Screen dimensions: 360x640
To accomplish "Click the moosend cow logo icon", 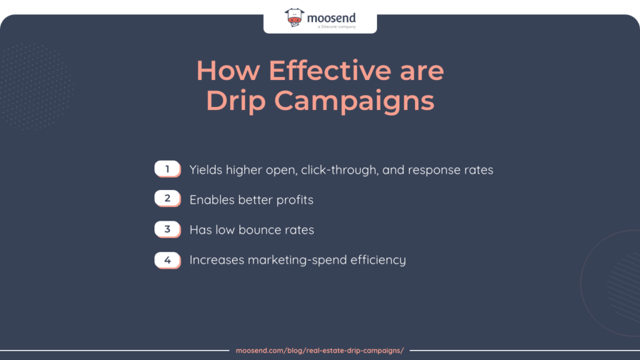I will tap(295, 19).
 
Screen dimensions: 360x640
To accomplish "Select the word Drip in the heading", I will tap(235, 101).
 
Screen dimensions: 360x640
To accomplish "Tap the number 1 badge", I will tap(167, 169).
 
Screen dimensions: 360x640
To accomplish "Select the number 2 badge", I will tap(167, 199).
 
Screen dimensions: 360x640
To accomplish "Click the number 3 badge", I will tap(167, 229).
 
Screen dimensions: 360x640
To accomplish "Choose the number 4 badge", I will tap(167, 259).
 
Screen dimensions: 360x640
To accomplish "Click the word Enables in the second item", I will tap(212, 199).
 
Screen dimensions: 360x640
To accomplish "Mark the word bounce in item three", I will tap(257, 229).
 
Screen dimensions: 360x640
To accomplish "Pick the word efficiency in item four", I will tap(381, 259).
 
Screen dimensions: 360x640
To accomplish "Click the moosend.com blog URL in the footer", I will tap(320, 351).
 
